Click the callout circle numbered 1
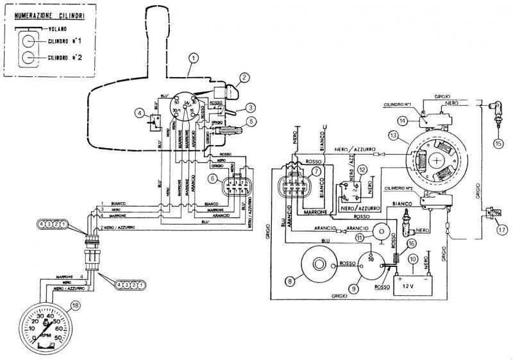(192, 58)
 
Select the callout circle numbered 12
(363, 170)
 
